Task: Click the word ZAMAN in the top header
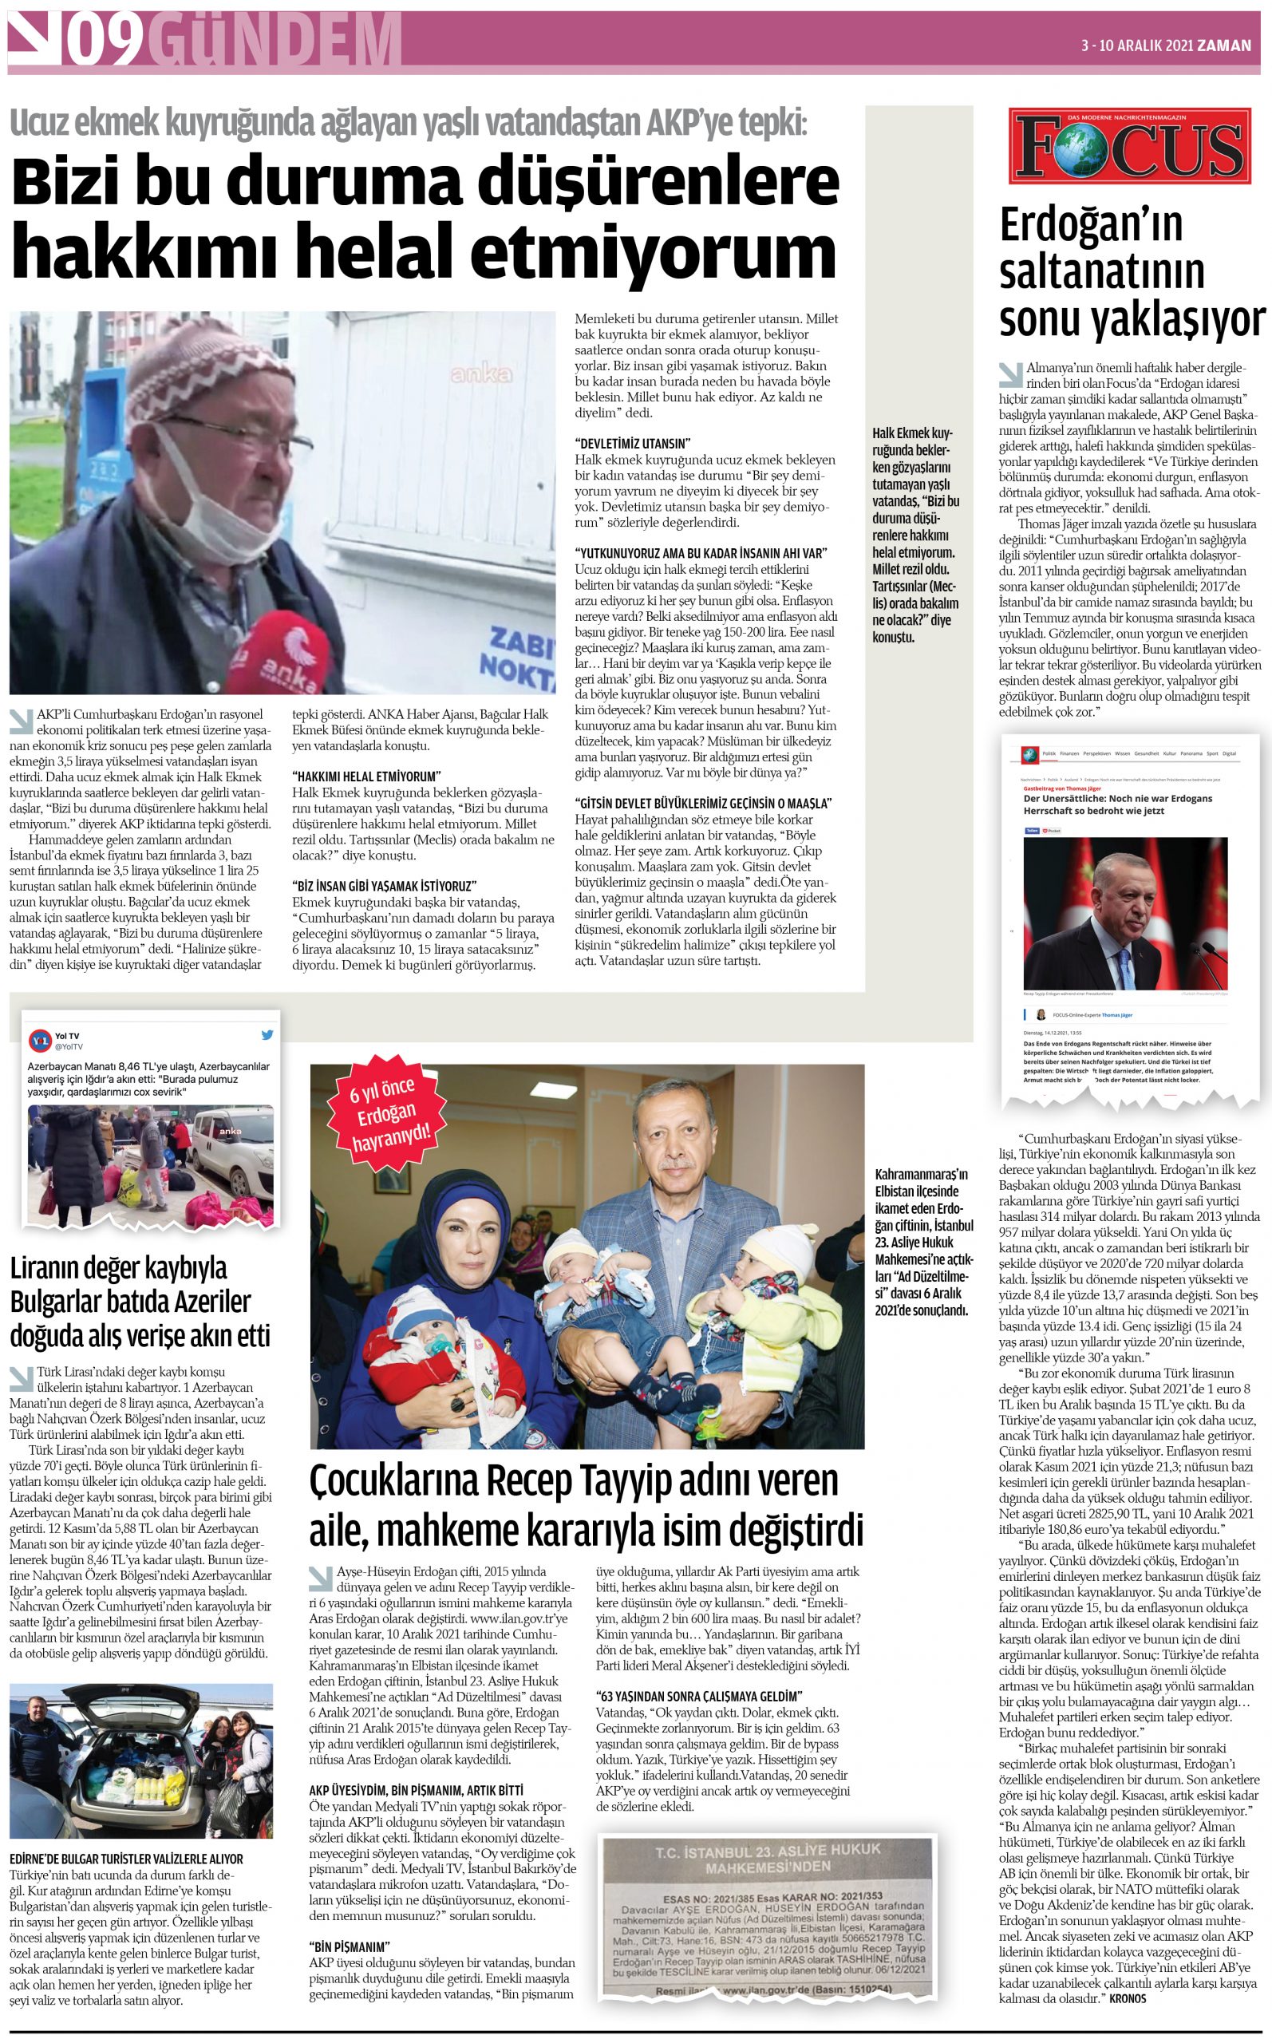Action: (x=1225, y=45)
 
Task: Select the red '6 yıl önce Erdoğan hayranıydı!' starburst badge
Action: (x=385, y=1114)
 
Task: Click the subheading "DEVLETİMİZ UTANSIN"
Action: (x=632, y=443)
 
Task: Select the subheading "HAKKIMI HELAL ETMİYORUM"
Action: (x=366, y=776)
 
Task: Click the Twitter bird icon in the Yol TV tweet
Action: (x=267, y=1035)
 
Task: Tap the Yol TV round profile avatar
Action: (x=40, y=1041)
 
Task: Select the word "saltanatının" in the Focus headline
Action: (x=1102, y=271)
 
